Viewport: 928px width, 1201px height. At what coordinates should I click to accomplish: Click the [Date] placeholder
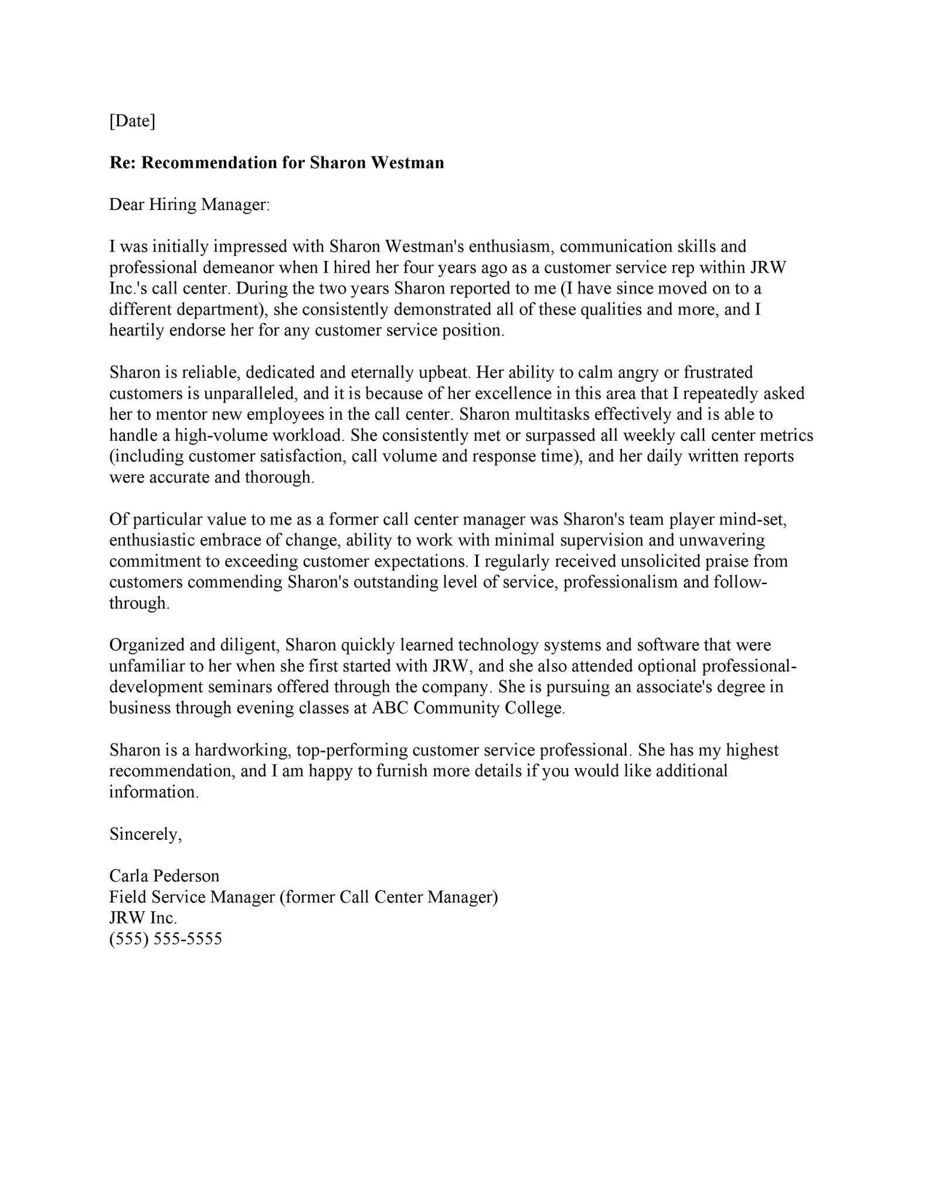(132, 121)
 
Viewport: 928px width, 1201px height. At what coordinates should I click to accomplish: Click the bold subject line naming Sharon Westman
(277, 162)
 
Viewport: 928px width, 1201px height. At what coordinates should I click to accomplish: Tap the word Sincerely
(145, 834)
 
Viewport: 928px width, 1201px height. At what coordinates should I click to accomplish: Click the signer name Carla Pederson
(164, 876)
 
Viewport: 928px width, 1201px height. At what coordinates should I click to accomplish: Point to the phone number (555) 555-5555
(166, 939)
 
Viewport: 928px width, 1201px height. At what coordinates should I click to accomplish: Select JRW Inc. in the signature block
(143, 918)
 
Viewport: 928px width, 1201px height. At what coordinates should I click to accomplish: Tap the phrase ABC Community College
(468, 708)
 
